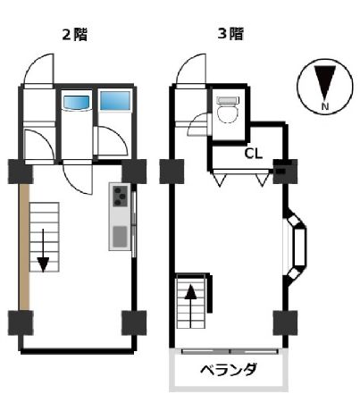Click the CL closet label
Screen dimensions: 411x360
[x=253, y=153]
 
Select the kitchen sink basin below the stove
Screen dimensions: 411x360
[x=120, y=236]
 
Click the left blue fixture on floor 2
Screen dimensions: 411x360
[x=75, y=103]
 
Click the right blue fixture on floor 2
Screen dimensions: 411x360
[x=113, y=103]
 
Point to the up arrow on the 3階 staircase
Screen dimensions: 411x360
[x=191, y=293]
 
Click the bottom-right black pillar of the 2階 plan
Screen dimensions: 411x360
[x=133, y=322]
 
